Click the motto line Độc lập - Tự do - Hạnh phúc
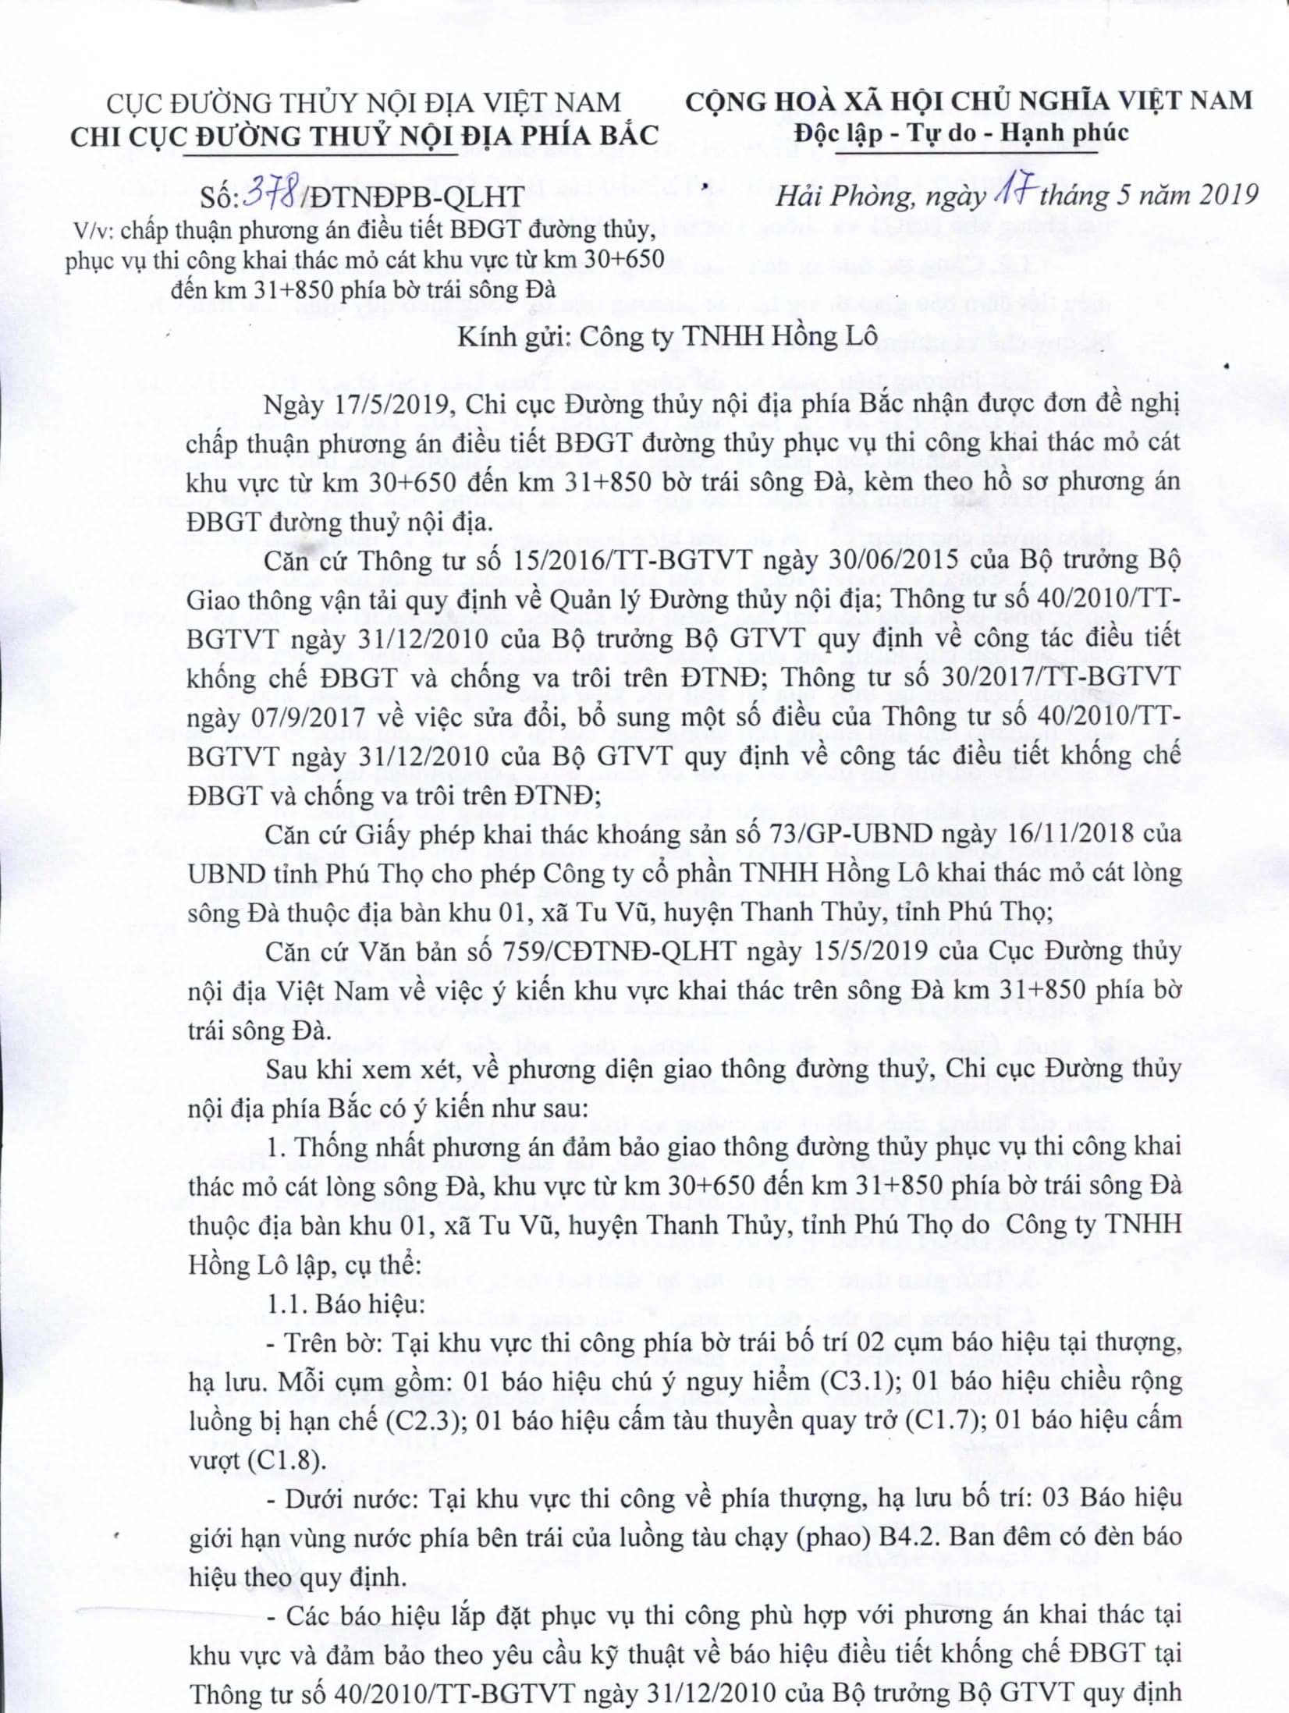(x=961, y=133)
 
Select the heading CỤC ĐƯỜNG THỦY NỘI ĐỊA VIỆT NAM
(x=364, y=102)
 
